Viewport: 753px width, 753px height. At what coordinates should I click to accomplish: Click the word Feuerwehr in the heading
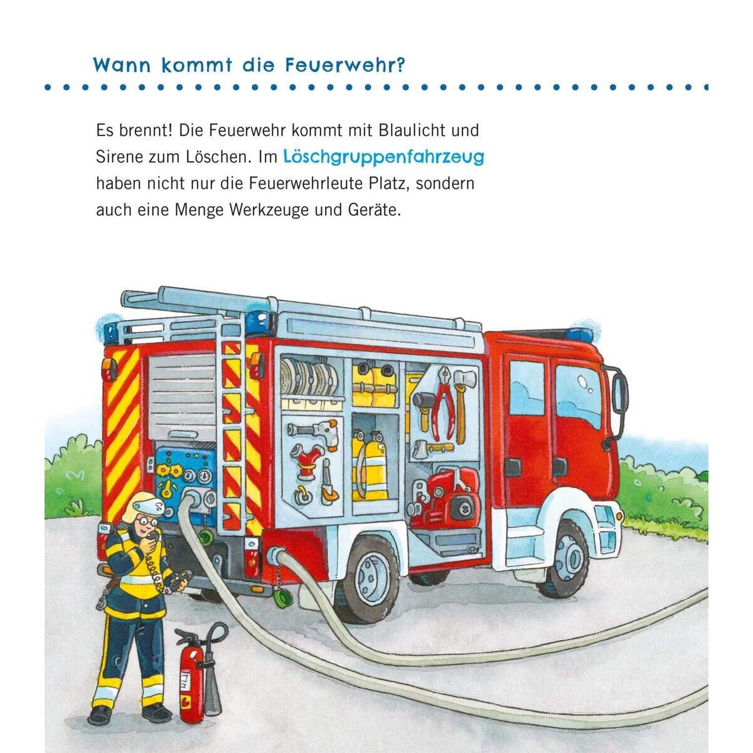[x=341, y=66]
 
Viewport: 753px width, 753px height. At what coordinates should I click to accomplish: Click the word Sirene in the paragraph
[x=119, y=157]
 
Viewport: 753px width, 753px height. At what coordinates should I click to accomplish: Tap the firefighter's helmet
[x=142, y=508]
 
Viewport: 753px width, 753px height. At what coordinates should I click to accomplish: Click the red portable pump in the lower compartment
[x=449, y=498]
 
